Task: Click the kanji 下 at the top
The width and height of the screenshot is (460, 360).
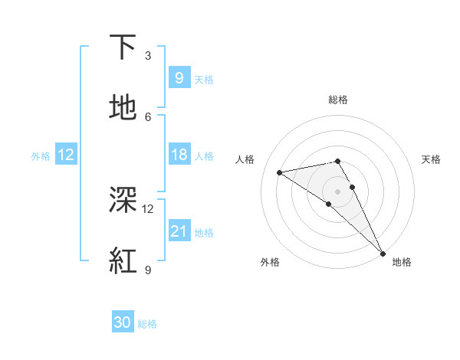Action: pyautogui.click(x=123, y=47)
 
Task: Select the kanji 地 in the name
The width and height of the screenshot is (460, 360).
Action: pyautogui.click(x=123, y=107)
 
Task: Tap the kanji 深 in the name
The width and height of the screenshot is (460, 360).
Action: pyautogui.click(x=123, y=201)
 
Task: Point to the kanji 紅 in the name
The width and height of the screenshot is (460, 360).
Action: pyautogui.click(x=123, y=260)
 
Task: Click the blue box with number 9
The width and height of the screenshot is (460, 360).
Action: pyautogui.click(x=179, y=77)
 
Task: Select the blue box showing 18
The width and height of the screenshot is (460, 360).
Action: pyautogui.click(x=179, y=155)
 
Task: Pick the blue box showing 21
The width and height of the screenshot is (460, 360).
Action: pyautogui.click(x=179, y=231)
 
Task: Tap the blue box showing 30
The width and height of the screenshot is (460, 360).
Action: pyautogui.click(x=123, y=322)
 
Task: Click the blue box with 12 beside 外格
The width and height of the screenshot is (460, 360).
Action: pyautogui.click(x=66, y=155)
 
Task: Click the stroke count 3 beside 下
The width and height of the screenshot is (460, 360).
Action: pyautogui.click(x=148, y=56)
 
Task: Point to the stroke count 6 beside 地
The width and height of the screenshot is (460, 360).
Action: pyautogui.click(x=148, y=116)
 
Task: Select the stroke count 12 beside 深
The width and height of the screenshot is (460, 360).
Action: pyautogui.click(x=148, y=208)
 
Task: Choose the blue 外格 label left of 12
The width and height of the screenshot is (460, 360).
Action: pyautogui.click(x=41, y=155)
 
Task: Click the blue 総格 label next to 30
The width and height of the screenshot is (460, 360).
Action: pyautogui.click(x=147, y=323)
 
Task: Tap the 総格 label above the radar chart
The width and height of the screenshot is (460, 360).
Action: pyautogui.click(x=338, y=100)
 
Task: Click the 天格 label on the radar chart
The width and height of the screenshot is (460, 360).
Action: pyautogui.click(x=431, y=159)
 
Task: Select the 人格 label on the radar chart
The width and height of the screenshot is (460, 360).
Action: pyautogui.click(x=245, y=159)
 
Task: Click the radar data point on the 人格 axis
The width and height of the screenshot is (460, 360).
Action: pyautogui.click(x=280, y=172)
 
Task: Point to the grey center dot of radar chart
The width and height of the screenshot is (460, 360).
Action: pyautogui.click(x=338, y=191)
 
